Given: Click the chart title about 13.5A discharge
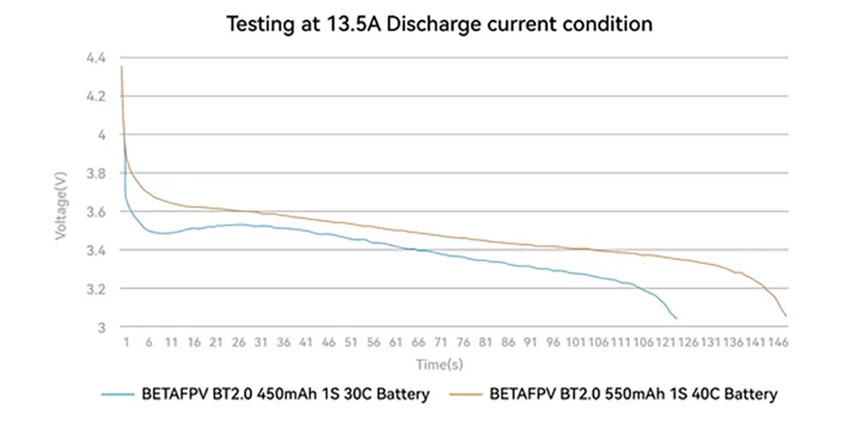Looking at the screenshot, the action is pyautogui.click(x=438, y=24).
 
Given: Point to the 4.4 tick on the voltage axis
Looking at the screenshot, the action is pyautogui.click(x=97, y=57).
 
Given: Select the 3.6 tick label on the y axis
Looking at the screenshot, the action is pyautogui.click(x=97, y=212).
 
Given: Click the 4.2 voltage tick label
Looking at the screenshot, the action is pyautogui.click(x=97, y=97).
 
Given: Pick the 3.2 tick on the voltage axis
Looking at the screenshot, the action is pyautogui.click(x=97, y=289).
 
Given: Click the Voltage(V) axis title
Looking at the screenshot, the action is pyautogui.click(x=61, y=205).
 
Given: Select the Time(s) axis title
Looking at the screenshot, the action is pyautogui.click(x=439, y=365).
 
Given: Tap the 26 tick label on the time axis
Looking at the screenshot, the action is pyautogui.click(x=239, y=343).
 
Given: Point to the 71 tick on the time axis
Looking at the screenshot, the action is pyautogui.click(x=440, y=343).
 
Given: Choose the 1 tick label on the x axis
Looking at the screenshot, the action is pyautogui.click(x=127, y=343).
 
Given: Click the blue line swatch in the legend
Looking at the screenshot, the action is pyautogui.click(x=118, y=395).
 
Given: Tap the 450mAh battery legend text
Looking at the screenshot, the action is pyautogui.click(x=286, y=395).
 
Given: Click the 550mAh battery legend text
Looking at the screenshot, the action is pyautogui.click(x=633, y=395).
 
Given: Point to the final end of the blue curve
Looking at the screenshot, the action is pyautogui.click(x=676, y=319).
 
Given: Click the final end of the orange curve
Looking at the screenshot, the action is pyautogui.click(x=786, y=317).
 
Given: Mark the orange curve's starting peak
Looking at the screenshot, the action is pyautogui.click(x=122, y=66).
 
